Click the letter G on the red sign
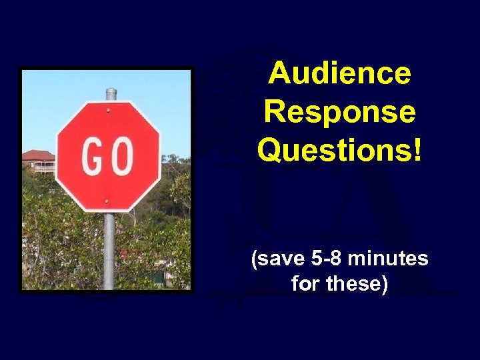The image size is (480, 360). (91, 157)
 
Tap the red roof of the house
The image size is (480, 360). (37, 155)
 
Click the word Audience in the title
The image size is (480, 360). (339, 73)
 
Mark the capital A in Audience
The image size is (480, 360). (281, 73)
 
